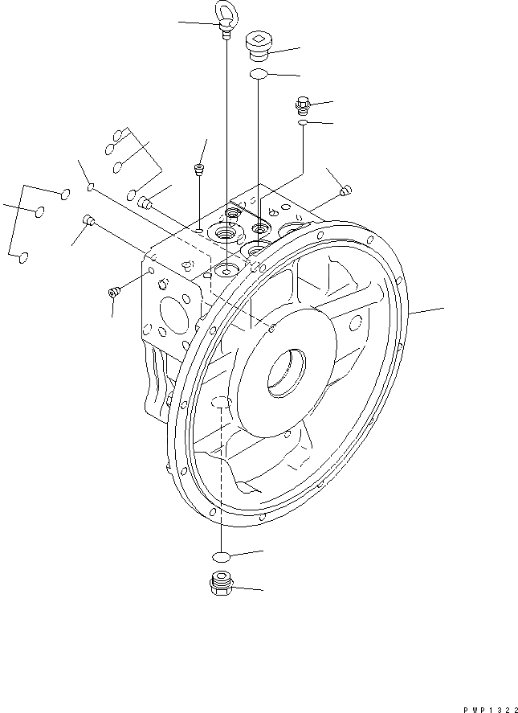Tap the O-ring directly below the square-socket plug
point(259,75)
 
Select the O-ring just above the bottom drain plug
point(221,556)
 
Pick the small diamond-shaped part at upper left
point(92,189)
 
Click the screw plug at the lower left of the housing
point(113,292)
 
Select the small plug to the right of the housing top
point(346,191)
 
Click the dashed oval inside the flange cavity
point(222,403)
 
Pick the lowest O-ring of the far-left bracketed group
point(24,257)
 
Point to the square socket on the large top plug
point(259,37)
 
